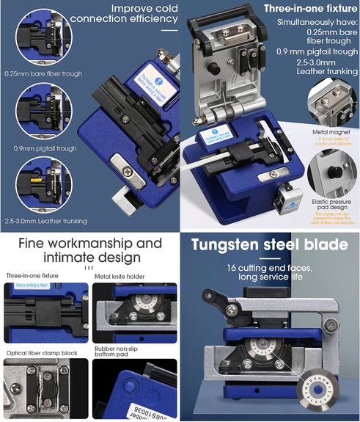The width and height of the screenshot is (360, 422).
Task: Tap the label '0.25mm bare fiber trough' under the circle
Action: (43, 73)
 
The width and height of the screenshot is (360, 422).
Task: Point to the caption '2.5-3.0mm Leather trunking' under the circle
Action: (45, 221)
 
